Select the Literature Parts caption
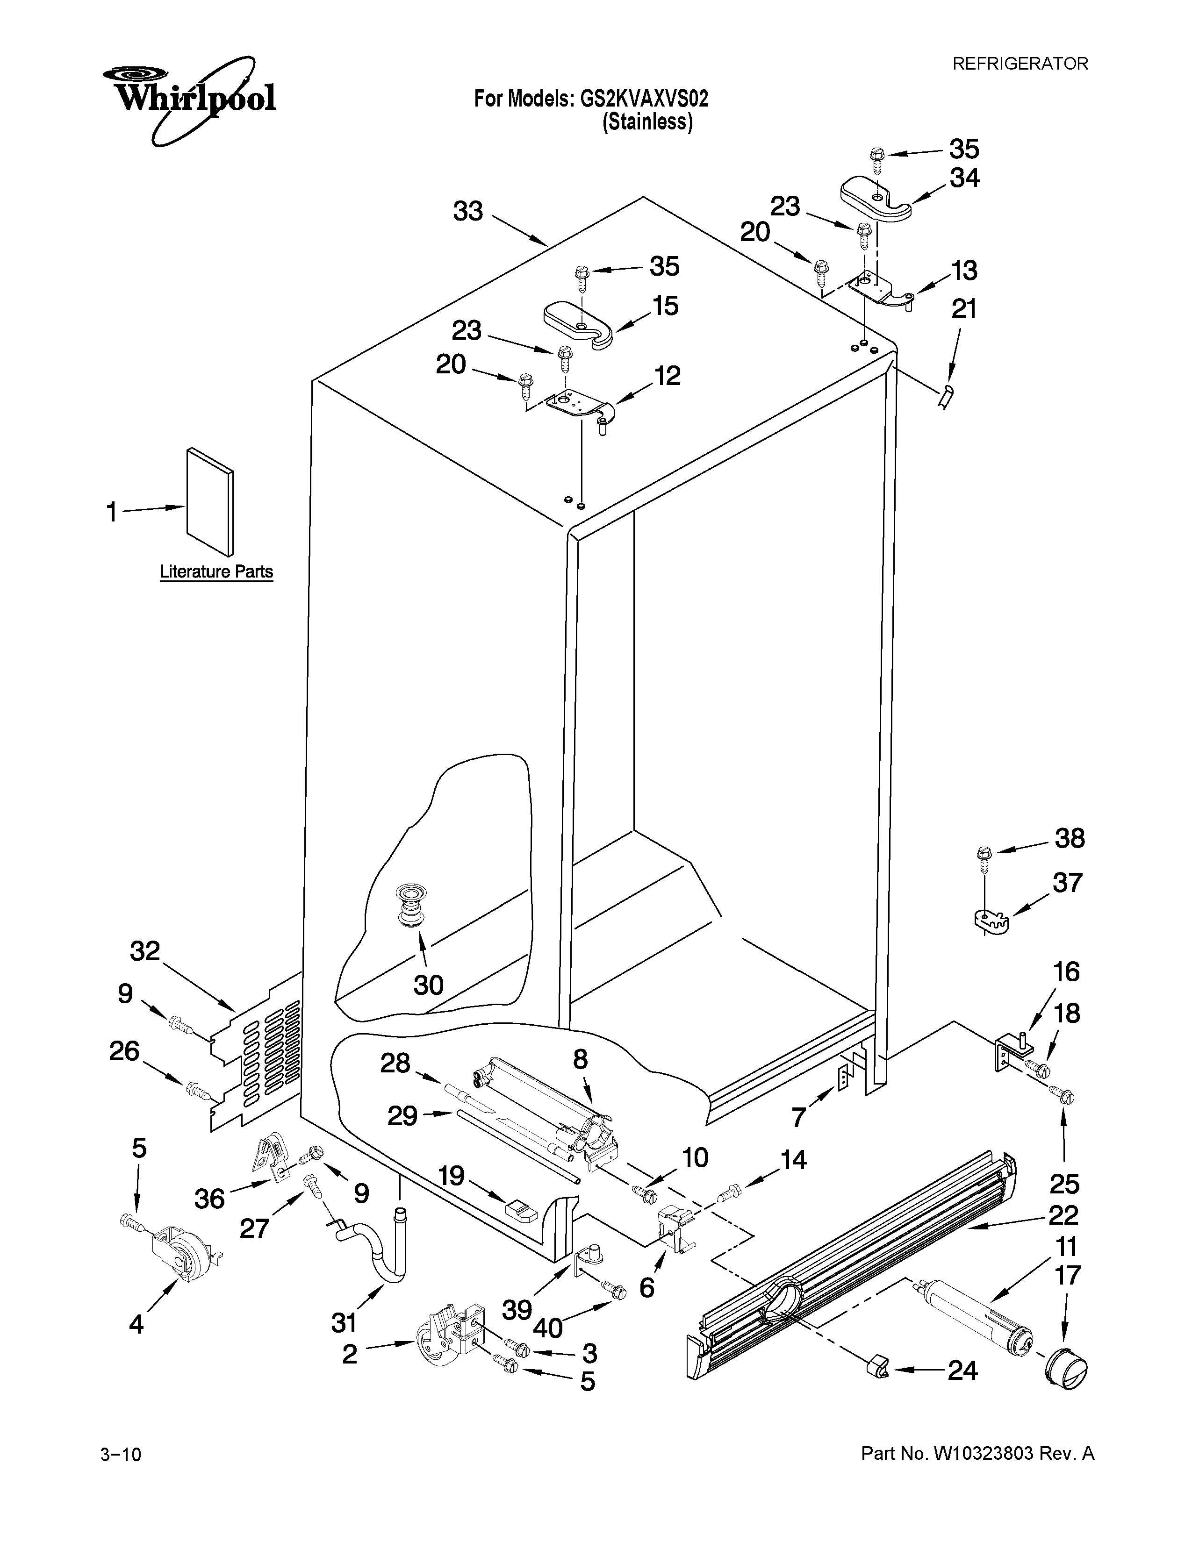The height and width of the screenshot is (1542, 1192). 216,571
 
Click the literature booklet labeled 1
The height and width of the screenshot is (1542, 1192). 210,501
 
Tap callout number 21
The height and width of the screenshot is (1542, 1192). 964,309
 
